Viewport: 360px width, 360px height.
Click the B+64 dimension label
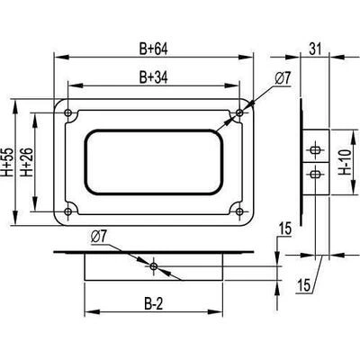click(x=153, y=49)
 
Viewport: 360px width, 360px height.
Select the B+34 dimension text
click(x=153, y=77)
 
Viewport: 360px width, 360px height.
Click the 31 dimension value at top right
click(x=315, y=49)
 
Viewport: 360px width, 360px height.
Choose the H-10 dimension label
click(x=346, y=162)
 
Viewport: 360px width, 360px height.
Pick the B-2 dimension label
click(x=153, y=304)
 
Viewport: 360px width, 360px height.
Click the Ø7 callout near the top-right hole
click(x=283, y=79)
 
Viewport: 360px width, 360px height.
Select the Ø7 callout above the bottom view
click(x=99, y=238)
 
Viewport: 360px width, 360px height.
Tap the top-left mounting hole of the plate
click(x=68, y=112)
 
